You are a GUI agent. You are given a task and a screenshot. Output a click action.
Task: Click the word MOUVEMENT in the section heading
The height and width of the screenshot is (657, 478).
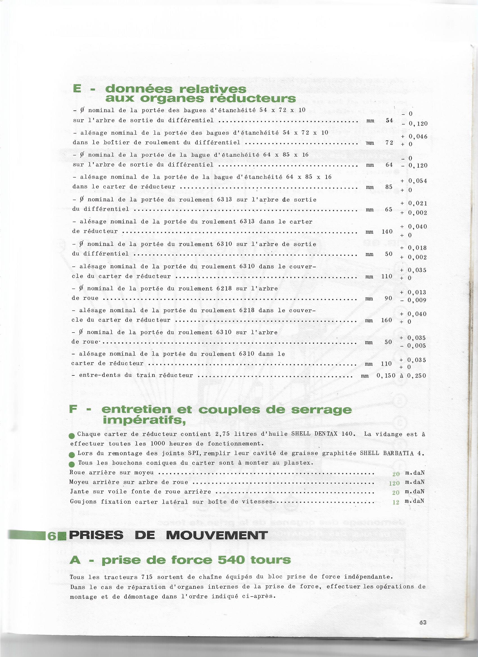[x=217, y=535]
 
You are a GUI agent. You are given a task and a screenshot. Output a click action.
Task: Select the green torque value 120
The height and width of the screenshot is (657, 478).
[x=394, y=483]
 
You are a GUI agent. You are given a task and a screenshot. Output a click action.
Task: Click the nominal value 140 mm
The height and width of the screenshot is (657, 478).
[x=387, y=232]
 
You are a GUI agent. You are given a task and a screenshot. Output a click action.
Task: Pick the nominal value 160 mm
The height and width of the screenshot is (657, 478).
[x=387, y=320]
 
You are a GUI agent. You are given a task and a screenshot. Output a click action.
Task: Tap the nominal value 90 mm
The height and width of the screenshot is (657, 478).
[x=388, y=298]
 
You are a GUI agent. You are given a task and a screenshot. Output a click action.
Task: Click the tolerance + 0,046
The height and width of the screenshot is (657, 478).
[x=414, y=137]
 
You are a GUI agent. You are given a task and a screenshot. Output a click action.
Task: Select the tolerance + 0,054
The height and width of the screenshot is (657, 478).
[x=414, y=181]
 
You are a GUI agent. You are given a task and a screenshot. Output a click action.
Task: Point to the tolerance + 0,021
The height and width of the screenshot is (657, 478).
[x=414, y=203]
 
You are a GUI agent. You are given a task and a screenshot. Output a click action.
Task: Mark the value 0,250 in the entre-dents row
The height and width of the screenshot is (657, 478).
[x=416, y=376]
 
